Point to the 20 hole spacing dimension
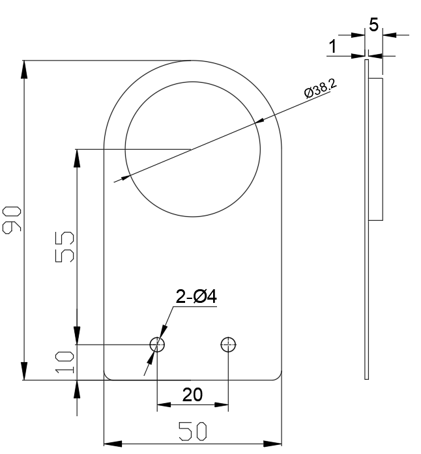click(x=193, y=395)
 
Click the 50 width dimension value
click(x=193, y=432)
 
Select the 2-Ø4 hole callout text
click(x=196, y=297)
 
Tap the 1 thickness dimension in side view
click(x=334, y=47)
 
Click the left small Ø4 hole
click(x=158, y=345)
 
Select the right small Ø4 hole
click(x=228, y=345)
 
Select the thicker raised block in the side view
click(x=377, y=149)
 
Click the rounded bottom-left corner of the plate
click(x=107, y=376)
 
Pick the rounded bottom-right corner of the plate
click(x=279, y=376)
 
